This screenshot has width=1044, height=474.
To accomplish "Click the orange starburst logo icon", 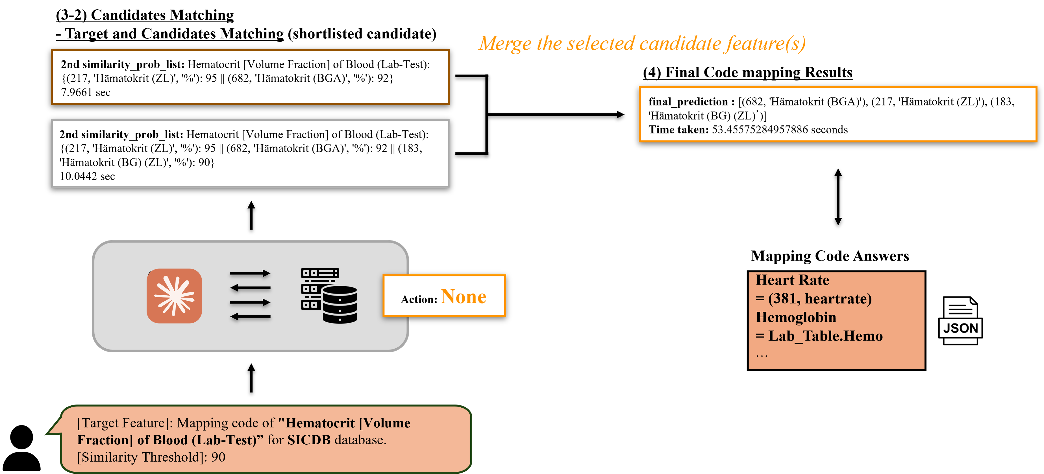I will point(174,296).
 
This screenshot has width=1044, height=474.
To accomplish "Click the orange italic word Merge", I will point(504,44).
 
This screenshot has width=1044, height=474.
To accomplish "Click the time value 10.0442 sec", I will point(87,176).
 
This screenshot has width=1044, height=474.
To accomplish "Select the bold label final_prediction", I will point(688,102).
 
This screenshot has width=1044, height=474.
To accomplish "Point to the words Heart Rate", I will point(792,280).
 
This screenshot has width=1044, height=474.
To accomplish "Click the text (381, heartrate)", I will point(819,299).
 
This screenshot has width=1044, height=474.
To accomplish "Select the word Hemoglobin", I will point(795,317).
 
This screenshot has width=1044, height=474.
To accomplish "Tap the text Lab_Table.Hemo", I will point(825,336).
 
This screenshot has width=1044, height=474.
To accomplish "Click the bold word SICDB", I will point(308,440).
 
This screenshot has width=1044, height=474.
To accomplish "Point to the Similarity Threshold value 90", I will point(218,457).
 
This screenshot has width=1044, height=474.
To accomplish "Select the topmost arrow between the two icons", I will point(250,274).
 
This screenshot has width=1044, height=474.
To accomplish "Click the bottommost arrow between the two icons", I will point(250,316).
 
